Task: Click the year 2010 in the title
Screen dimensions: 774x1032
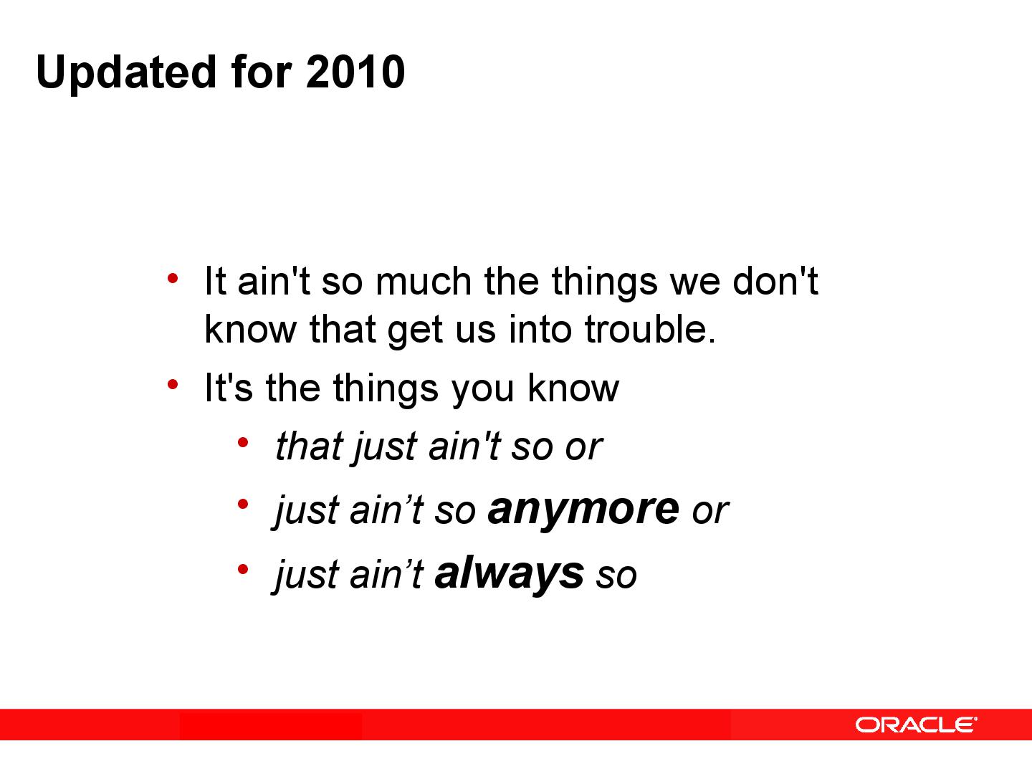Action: [355, 72]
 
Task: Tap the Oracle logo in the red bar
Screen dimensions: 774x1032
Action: [915, 725]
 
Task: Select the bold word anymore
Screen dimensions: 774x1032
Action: [583, 510]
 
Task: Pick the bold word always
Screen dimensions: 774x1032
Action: [509, 573]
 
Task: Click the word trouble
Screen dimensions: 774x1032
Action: [649, 329]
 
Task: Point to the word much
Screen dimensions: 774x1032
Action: [423, 281]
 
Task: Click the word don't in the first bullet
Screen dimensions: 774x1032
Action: [775, 281]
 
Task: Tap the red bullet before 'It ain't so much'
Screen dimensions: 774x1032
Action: [172, 277]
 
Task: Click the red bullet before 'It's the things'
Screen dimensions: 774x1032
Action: [172, 385]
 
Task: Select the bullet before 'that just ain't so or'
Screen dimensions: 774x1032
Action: [243, 442]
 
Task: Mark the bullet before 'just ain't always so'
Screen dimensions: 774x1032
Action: [243, 570]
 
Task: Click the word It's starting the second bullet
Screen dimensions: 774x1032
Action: [229, 388]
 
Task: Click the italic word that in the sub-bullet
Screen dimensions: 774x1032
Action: [310, 446]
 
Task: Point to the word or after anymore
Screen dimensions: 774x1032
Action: [709, 512]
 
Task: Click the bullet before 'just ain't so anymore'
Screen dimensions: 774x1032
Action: [243, 505]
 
